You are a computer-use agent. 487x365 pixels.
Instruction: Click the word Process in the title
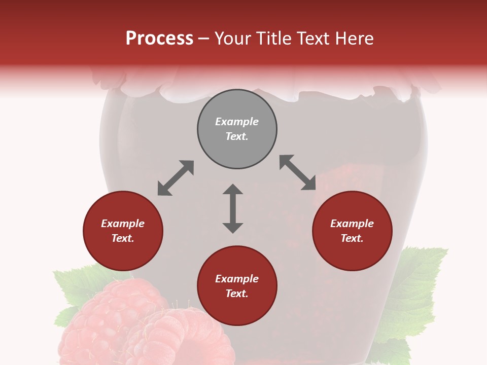[x=159, y=39]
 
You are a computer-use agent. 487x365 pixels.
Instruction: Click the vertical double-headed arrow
[x=233, y=208]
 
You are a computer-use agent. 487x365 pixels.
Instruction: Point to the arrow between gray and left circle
[x=176, y=178]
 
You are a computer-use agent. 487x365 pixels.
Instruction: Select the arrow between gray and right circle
[x=298, y=173]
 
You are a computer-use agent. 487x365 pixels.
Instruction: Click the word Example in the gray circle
[x=237, y=122]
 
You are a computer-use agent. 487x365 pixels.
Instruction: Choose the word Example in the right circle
[x=352, y=224]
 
